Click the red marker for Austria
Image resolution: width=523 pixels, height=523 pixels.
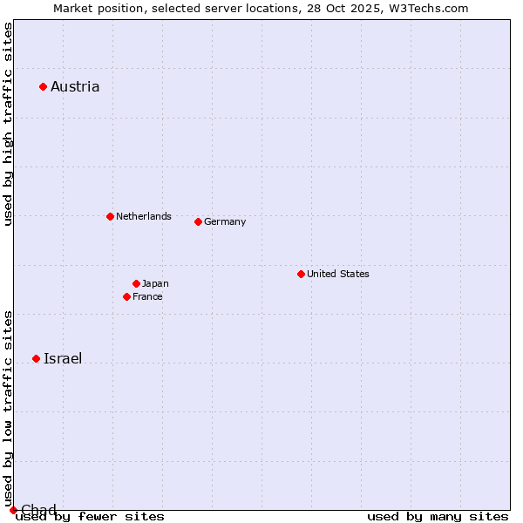point(43,86)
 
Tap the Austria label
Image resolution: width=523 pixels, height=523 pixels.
point(75,86)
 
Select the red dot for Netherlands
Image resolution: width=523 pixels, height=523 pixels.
point(110,216)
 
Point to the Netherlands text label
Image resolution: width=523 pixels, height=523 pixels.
point(144,216)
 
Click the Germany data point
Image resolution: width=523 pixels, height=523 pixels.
point(198,221)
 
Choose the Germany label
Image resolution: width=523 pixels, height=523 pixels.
point(225,221)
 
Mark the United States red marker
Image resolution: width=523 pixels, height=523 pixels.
point(301,274)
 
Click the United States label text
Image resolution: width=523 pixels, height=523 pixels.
point(338,274)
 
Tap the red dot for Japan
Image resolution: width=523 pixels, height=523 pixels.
point(136,283)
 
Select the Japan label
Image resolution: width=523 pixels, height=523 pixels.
point(155,283)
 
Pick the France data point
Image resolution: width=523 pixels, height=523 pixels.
point(126,296)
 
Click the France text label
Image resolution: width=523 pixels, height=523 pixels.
point(147,296)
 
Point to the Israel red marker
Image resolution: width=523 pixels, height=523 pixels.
point(36,358)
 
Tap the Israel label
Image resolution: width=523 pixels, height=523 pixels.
point(63,358)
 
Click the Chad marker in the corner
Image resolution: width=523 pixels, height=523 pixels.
point(13,510)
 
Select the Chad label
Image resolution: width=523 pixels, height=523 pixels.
point(38,510)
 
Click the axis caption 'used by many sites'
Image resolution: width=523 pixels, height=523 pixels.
point(438,516)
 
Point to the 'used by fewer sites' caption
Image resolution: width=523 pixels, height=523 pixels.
point(90,516)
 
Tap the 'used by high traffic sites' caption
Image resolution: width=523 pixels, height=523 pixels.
point(8,125)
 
